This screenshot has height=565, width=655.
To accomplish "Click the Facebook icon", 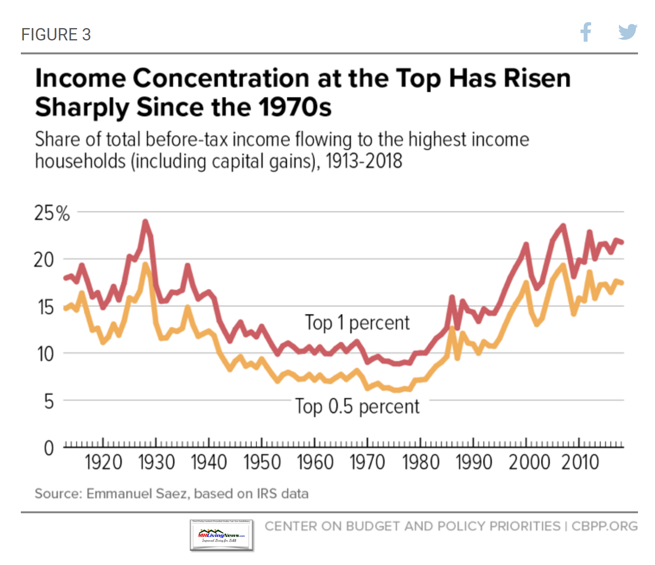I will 586,32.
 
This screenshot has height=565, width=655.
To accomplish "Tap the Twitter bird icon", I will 627,32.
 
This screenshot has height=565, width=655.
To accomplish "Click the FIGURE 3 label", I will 56,34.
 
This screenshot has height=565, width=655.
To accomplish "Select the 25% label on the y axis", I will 52,213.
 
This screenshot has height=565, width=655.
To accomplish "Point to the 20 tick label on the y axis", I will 44,260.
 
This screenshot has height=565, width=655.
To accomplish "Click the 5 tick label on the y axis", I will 49,401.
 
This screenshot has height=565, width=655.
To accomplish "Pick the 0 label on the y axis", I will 49,448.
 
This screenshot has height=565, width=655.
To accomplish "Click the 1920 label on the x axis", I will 103,462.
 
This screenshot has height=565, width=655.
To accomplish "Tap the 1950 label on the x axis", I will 262,462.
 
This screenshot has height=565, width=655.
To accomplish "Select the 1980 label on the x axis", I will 421,462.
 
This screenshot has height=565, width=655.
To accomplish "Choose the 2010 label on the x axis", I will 580,462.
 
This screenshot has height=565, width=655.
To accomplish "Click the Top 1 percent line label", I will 357,322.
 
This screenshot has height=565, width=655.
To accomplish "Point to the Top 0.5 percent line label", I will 358,406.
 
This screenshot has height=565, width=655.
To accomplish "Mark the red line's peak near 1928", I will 146,222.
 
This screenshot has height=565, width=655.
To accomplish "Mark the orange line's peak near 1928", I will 146,265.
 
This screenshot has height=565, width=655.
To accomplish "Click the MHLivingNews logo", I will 221,535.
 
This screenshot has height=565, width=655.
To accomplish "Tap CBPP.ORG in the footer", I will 604,526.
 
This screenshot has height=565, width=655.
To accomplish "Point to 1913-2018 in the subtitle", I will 364,161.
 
